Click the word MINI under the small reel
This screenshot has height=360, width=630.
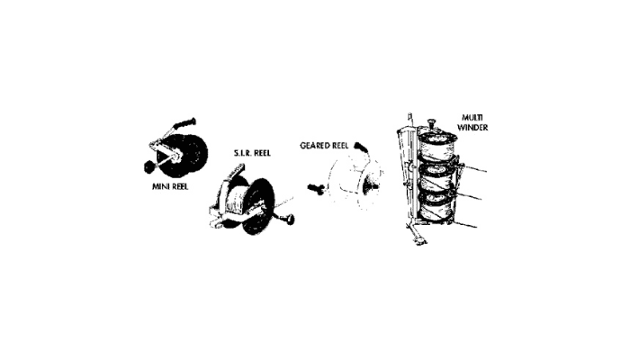[160, 187]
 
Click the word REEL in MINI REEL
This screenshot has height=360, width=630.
[179, 187]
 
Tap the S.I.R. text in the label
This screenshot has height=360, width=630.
[242, 153]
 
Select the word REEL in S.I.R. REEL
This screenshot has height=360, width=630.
[262, 153]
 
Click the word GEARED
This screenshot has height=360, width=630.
[315, 146]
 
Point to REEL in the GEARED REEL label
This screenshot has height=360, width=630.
[340, 146]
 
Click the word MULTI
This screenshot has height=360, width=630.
[472, 118]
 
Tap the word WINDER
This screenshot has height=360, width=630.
[472, 128]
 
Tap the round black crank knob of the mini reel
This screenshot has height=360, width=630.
[149, 166]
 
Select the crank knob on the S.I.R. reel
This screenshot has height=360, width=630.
[288, 220]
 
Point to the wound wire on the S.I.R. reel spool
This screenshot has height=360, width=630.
[236, 201]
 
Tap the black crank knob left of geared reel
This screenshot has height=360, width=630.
[316, 188]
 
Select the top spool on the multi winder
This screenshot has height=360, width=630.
[438, 146]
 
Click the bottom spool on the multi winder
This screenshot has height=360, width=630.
[436, 205]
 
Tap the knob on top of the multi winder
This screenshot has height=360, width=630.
[431, 121]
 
